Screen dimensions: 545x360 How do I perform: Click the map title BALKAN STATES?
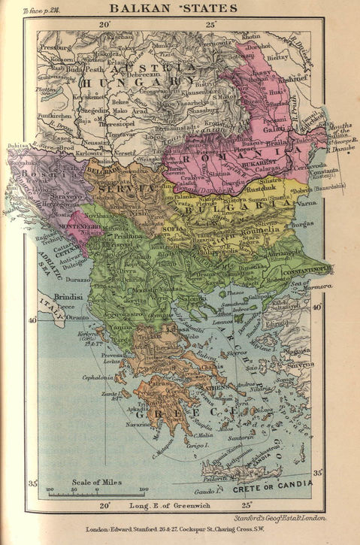pyautogui.click(x=173, y=9)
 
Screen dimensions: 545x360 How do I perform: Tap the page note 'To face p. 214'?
pyautogui.click(x=23, y=11)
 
